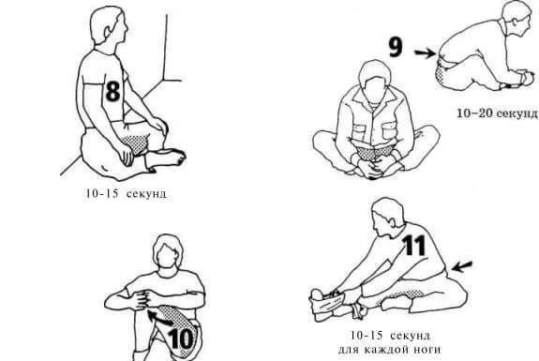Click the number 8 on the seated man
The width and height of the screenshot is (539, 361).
tap(113, 91)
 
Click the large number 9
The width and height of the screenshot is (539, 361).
tap(396, 47)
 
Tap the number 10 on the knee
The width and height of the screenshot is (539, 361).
tap(181, 339)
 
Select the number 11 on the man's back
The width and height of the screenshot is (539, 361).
tap(414, 245)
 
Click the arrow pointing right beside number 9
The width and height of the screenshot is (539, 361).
tap(425, 53)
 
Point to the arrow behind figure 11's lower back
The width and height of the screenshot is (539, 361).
tap(462, 266)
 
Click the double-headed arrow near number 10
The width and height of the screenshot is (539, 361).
tap(160, 318)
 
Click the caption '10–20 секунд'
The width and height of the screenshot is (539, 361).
tap(498, 113)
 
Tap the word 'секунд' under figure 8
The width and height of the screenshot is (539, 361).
tap(146, 193)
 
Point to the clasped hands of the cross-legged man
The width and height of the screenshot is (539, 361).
tap(373, 169)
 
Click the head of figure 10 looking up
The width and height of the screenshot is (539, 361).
tap(168, 251)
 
